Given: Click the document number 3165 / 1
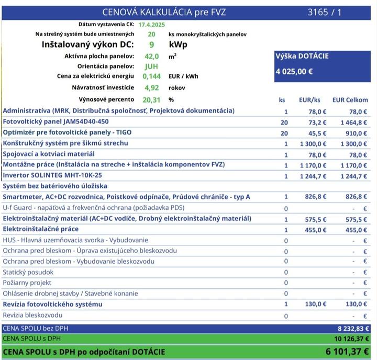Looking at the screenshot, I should pyautogui.click(x=324, y=12).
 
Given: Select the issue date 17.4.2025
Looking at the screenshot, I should pyautogui.click(x=151, y=25).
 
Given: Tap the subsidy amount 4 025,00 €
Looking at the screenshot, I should pyautogui.click(x=294, y=72).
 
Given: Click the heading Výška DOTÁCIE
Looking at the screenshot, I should pyautogui.click(x=302, y=56).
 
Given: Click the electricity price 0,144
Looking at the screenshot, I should pyautogui.click(x=151, y=76).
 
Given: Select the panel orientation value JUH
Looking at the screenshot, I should pyautogui.click(x=151, y=66).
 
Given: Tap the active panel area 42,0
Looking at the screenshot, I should pyautogui.click(x=151, y=56).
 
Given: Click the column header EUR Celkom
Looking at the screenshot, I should pyautogui.click(x=350, y=100).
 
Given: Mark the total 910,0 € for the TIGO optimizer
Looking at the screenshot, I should pyautogui.click(x=357, y=133).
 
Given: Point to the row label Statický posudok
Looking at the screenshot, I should pyautogui.click(x=28, y=272).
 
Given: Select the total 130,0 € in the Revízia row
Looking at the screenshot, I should pyautogui.click(x=357, y=304).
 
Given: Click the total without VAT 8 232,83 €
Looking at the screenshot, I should pyautogui.click(x=353, y=329).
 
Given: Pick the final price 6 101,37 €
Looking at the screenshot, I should pyautogui.click(x=347, y=352).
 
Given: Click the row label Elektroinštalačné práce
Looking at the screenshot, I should pyautogui.click(x=41, y=229).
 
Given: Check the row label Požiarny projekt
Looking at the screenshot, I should pyautogui.click(x=28, y=283).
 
